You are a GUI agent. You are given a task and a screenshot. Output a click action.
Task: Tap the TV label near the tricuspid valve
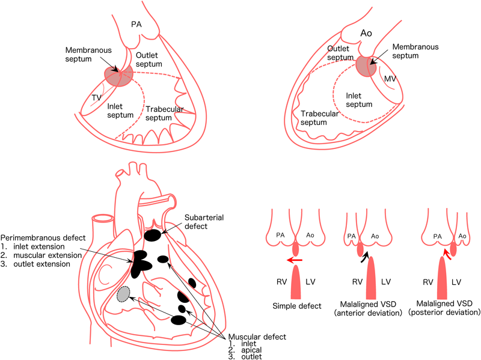coord(97,98)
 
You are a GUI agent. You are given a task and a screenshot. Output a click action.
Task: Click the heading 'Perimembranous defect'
coord(41,237)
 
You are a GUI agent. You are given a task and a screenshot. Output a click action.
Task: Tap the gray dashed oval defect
coord(124,294)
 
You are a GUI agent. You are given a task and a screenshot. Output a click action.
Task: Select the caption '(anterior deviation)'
coord(370,313)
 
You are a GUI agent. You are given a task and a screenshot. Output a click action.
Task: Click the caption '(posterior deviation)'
coord(444,313)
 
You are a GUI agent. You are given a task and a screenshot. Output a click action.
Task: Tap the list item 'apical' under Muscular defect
coord(240,349)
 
